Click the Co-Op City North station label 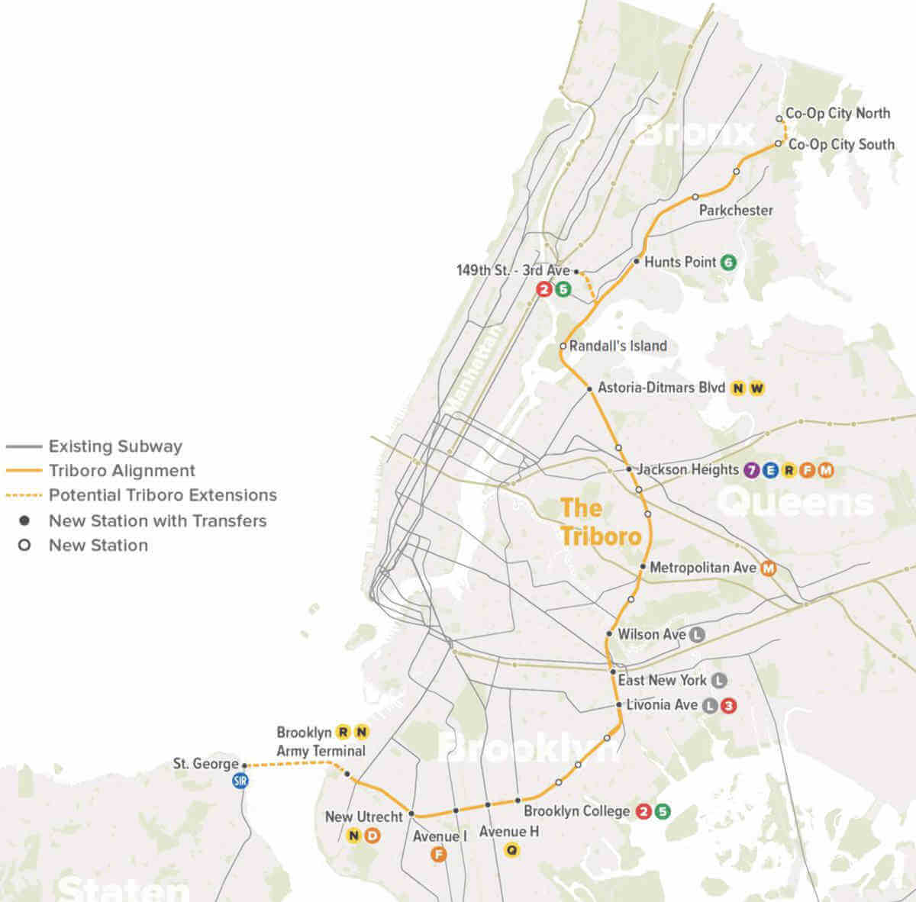[837, 114]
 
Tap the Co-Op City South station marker [779, 143]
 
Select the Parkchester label [736, 210]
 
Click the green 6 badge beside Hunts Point [728, 263]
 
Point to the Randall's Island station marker [563, 346]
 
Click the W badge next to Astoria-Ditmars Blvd [756, 388]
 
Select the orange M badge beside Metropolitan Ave [769, 569]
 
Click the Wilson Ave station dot [609, 634]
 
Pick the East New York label [662, 680]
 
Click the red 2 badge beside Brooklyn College [643, 812]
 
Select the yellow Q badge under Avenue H [511, 849]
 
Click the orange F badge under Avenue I [438, 855]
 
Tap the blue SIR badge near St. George [241, 781]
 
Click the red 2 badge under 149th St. [544, 289]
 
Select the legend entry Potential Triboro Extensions [163, 495]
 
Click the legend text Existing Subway [115, 446]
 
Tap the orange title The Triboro [600, 523]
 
